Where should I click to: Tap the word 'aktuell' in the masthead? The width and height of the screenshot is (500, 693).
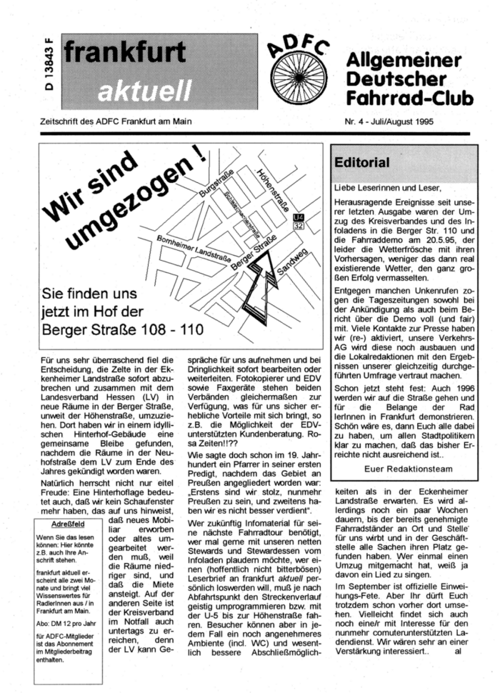[x=144, y=91]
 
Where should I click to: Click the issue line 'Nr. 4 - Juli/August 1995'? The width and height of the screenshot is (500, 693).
[x=396, y=121]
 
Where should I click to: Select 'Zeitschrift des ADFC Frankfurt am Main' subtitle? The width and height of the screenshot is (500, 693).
[x=117, y=121]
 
